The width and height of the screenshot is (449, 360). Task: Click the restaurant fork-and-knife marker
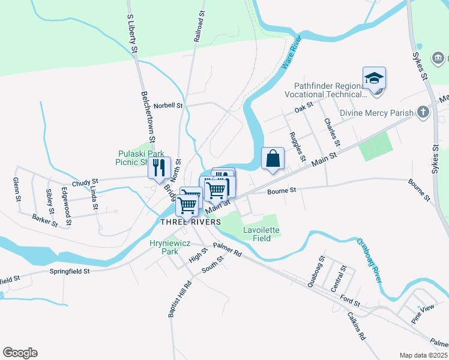(160, 167)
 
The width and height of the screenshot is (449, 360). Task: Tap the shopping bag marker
(273, 159)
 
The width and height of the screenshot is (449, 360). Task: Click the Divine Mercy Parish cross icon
(424, 112)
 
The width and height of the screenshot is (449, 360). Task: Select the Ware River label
(291, 52)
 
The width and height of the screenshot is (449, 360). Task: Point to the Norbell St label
(167, 106)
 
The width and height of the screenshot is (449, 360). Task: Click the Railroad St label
(199, 25)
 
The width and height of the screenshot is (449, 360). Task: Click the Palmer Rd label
(227, 250)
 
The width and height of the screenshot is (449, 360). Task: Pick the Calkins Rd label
(356, 326)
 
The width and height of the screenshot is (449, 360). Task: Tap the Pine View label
(423, 314)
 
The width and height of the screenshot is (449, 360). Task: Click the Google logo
(20, 353)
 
